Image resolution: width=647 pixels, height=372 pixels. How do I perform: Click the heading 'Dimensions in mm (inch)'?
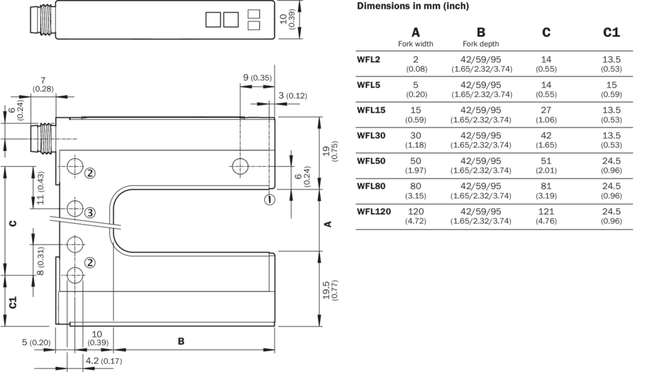coord(413,6)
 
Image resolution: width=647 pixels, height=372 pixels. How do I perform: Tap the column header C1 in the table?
coord(611,33)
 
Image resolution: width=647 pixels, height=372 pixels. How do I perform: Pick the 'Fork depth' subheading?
coord(481,44)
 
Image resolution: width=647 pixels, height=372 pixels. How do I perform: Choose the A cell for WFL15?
coord(416,114)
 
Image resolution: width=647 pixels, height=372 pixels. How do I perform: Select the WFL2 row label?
coord(368,60)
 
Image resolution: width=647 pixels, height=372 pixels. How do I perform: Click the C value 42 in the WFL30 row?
coord(547,139)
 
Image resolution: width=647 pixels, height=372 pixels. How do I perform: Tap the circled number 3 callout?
coord(89,211)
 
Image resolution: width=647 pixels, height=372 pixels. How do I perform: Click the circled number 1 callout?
coord(269,200)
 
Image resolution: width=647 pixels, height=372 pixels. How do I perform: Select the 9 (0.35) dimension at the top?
coord(257,78)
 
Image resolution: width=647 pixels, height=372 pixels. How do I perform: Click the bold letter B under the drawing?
coord(182,341)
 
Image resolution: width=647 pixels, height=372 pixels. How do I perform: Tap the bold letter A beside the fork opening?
coord(328,224)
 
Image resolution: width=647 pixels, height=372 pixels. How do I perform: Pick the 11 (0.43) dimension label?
coord(40,189)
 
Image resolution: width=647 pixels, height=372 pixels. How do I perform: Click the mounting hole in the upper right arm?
coord(240,166)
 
